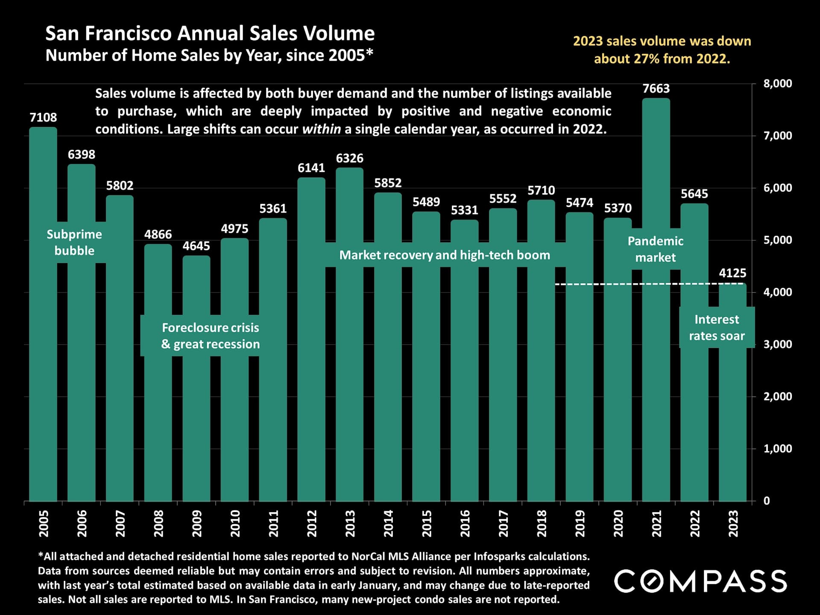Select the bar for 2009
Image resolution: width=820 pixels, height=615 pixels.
pyautogui.click(x=196, y=406)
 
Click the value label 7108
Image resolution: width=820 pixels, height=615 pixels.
pyautogui.click(x=43, y=117)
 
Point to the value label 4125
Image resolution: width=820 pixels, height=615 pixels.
pyautogui.click(x=732, y=273)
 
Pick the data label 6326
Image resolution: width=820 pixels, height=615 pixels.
pyautogui.click(x=349, y=158)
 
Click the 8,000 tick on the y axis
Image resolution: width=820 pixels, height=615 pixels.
pyautogui.click(x=777, y=84)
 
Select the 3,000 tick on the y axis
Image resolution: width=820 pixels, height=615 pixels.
pyautogui.click(x=777, y=344)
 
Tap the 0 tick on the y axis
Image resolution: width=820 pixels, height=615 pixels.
pyautogui.click(x=767, y=501)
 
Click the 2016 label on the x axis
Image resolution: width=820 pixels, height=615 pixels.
pyautogui.click(x=465, y=523)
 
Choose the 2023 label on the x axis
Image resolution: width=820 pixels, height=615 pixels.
pyautogui.click(x=733, y=523)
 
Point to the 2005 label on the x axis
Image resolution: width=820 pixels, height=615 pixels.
pyautogui.click(x=44, y=523)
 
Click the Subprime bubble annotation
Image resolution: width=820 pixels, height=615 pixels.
pyautogui.click(x=74, y=242)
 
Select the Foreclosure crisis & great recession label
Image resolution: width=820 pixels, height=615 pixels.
pyautogui.click(x=210, y=336)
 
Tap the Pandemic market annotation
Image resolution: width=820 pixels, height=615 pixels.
pyautogui.click(x=655, y=249)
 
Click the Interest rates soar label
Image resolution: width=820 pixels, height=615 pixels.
pyautogui.click(x=717, y=328)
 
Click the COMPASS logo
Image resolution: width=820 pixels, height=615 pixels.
pyautogui.click(x=700, y=581)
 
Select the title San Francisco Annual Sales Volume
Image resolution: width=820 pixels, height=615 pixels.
pyautogui.click(x=210, y=33)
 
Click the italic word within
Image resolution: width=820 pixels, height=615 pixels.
pyautogui.click(x=321, y=129)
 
